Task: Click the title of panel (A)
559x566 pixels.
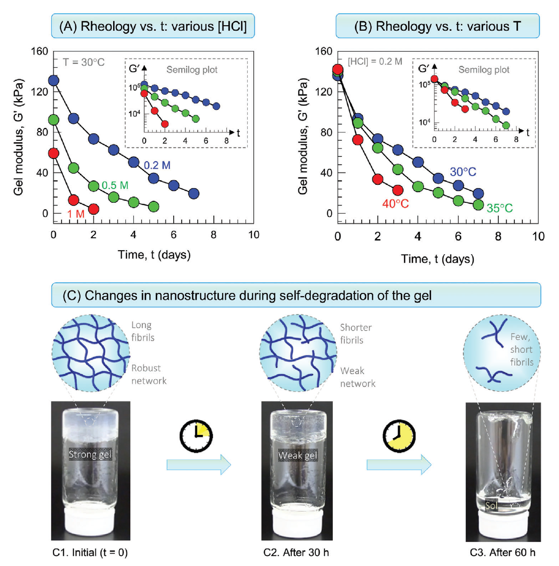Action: click(x=153, y=26)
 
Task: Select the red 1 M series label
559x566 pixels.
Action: click(x=76, y=214)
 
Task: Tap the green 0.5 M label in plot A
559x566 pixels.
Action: click(x=115, y=185)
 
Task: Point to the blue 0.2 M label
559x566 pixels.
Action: click(x=157, y=166)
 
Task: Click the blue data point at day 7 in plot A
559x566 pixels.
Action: click(x=194, y=194)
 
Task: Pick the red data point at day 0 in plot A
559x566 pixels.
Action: click(x=54, y=153)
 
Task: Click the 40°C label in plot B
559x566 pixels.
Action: click(x=395, y=204)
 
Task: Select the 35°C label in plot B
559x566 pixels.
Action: click(x=500, y=208)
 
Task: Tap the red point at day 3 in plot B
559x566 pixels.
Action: click(x=398, y=190)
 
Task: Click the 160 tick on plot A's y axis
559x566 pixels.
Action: click(x=40, y=51)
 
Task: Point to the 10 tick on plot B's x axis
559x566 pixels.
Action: click(x=538, y=236)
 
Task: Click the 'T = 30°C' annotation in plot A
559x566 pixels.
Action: click(x=84, y=62)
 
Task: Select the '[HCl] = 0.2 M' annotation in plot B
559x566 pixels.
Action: click(x=375, y=61)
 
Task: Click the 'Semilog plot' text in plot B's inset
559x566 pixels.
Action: click(x=484, y=70)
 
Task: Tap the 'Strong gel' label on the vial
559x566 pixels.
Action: click(x=90, y=455)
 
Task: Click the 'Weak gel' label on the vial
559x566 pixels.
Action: click(x=297, y=456)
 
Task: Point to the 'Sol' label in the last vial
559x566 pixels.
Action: click(x=491, y=506)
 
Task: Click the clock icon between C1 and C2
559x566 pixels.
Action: click(x=196, y=435)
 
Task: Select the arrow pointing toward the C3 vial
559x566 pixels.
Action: click(x=399, y=465)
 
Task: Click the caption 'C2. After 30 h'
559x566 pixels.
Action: click(x=296, y=553)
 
